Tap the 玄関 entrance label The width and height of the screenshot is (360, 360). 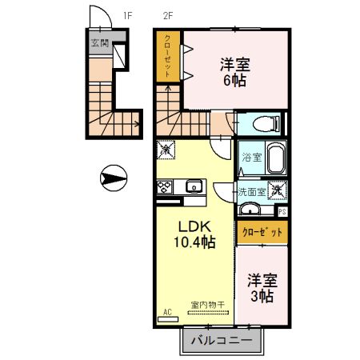point(99,43)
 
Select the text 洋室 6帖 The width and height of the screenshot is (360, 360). point(235,72)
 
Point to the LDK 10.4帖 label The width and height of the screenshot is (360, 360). point(194,233)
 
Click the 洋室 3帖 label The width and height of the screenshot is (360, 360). point(261,288)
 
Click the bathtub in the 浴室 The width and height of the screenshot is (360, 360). point(276,158)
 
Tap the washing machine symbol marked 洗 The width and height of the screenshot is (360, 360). point(277,190)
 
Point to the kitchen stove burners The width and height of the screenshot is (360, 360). point(165,188)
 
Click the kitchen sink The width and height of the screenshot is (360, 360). point(194,188)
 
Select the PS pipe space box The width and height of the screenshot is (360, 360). point(282,211)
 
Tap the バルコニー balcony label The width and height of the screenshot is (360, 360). point(221,340)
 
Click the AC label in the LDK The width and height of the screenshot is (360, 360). point(168,311)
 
